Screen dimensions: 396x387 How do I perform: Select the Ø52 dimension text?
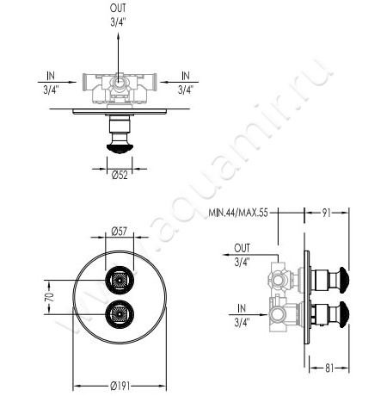[x=120, y=175]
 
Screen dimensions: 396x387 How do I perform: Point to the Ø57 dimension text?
[x=120, y=231]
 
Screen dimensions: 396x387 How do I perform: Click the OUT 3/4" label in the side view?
[x=242, y=256]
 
